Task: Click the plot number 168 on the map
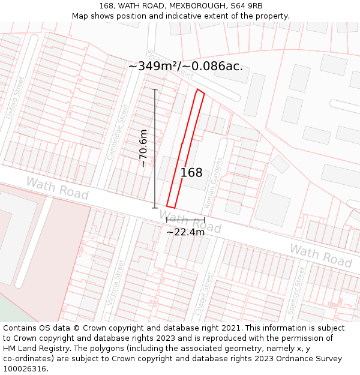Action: click(x=191, y=173)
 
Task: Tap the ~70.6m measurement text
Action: click(x=143, y=148)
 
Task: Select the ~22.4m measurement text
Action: click(x=185, y=232)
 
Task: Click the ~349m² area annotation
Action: click(x=185, y=66)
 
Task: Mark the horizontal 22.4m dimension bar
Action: click(x=185, y=220)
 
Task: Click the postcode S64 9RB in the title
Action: click(x=245, y=6)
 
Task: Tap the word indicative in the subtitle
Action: click(x=202, y=16)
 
